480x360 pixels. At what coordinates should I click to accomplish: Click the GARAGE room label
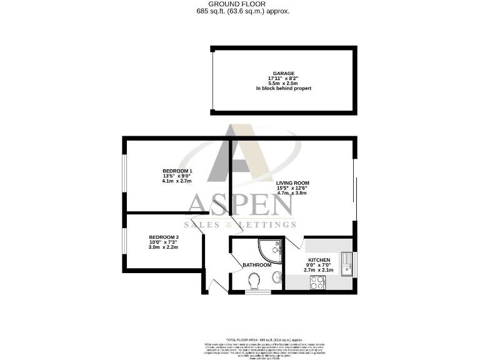(x=284, y=72)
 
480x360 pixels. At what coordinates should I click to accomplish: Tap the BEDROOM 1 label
(x=177, y=171)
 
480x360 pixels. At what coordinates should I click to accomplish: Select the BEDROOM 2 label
(x=164, y=237)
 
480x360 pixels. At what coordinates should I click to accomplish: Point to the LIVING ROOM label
(x=292, y=183)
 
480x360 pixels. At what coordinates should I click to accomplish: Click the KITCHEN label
(x=319, y=259)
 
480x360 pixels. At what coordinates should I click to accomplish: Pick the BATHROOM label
(x=257, y=265)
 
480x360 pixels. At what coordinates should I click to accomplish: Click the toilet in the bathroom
(x=254, y=284)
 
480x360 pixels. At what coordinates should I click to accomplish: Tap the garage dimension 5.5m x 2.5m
(x=284, y=83)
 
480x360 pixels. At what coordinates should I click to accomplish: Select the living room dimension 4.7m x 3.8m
(x=292, y=193)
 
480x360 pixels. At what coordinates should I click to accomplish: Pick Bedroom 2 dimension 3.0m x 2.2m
(x=164, y=247)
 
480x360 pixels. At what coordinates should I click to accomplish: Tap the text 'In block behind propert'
(x=284, y=89)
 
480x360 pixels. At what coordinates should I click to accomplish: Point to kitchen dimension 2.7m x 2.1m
(x=319, y=270)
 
